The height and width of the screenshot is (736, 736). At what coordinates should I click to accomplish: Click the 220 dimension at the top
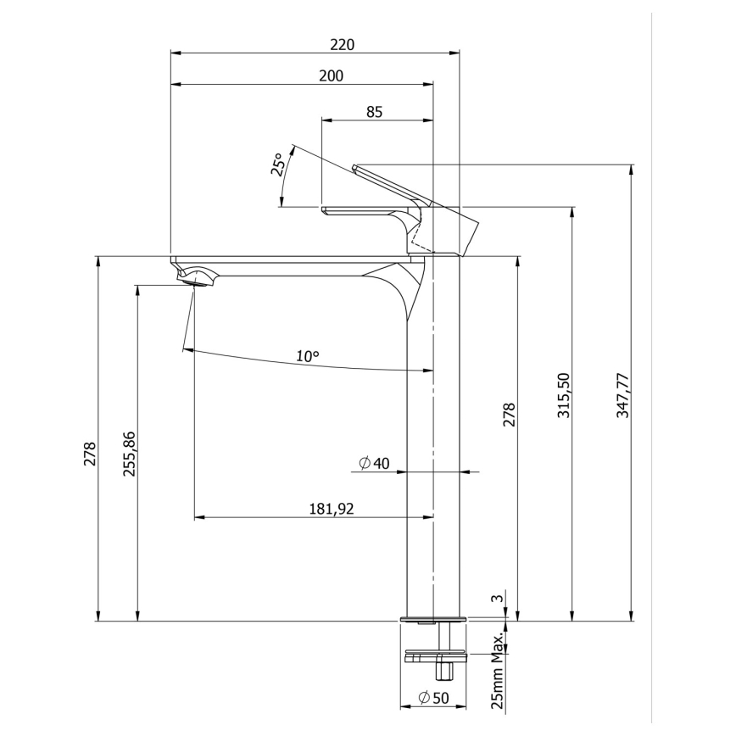[x=343, y=44]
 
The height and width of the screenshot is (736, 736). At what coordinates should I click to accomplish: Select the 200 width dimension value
[x=332, y=76]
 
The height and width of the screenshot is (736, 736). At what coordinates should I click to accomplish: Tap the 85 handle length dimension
[x=375, y=112]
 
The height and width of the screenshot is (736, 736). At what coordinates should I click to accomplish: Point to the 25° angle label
[x=277, y=164]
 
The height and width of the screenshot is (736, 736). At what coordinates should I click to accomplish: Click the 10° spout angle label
[x=308, y=357]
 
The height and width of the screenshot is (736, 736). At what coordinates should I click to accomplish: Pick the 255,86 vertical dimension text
[x=130, y=454]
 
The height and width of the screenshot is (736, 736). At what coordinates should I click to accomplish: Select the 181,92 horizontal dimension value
[x=332, y=509]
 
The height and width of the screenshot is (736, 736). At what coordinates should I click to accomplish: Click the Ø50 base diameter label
[x=434, y=698]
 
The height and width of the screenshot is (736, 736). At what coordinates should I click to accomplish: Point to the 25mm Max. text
[x=498, y=670]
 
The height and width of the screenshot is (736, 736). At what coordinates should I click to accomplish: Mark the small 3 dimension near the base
[x=500, y=599]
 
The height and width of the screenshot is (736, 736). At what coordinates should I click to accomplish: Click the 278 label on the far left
[x=91, y=454]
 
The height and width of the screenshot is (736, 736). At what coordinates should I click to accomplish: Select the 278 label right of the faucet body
[x=510, y=415]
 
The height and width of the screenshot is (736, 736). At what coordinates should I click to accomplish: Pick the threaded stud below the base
[x=442, y=670]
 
